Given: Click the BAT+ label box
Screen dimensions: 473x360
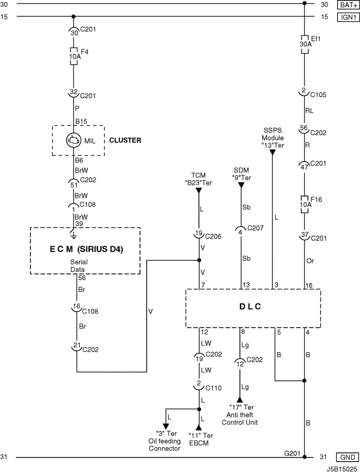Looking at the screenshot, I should coord(347,5).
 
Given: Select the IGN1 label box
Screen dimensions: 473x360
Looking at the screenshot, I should coord(347,17).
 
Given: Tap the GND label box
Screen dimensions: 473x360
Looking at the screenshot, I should coord(347,457).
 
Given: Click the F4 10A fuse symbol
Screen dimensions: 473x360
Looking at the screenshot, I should coord(74,56).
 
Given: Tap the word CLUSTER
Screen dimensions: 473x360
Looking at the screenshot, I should coord(125,140).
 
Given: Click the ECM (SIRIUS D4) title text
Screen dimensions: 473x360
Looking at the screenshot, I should coord(84,250).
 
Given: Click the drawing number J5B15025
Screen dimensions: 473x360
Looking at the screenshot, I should coord(341,469).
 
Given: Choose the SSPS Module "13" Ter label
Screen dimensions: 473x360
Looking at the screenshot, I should coord(272,138).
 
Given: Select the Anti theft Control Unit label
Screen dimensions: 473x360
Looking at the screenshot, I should coord(240,419).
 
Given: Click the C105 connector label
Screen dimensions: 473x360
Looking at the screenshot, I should coord(318,95).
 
